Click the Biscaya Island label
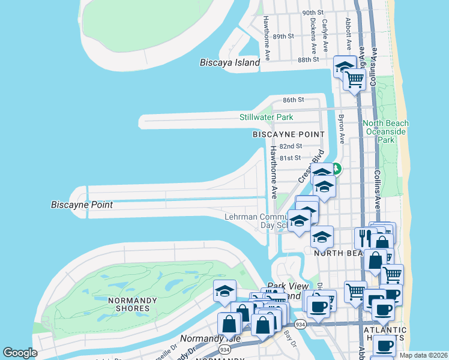[231, 62]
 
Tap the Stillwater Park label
[267, 116]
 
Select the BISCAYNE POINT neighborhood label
[288, 134]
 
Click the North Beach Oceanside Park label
[385, 131]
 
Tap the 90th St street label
[313, 13]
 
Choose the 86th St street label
[294, 100]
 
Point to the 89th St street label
[283, 37]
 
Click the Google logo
[20, 353]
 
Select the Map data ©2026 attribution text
[423, 355]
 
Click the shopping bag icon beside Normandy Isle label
[230, 323]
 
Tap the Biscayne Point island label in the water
[82, 205]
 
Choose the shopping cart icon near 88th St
[355, 78]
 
